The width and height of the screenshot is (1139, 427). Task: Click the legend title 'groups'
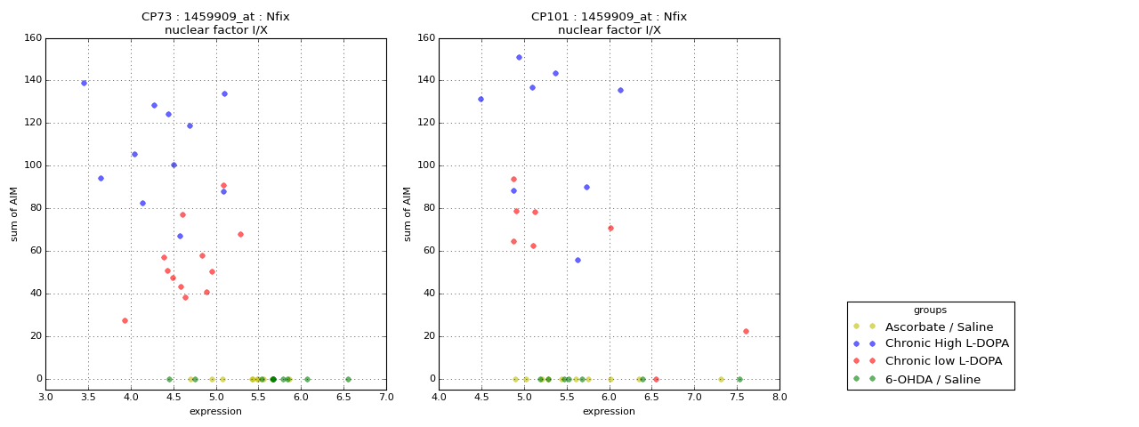(930, 310)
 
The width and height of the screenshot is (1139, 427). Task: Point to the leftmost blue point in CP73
(84, 83)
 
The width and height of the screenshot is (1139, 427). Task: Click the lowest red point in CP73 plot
(125, 320)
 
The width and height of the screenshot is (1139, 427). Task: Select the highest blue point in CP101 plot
(519, 57)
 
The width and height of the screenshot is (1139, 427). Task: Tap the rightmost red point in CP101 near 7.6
(746, 331)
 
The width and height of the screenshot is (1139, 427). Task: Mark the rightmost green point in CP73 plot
(348, 379)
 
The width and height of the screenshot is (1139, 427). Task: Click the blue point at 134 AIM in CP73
(224, 93)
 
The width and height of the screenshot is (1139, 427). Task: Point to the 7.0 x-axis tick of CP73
(386, 397)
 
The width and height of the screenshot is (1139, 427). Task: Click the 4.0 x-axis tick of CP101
(439, 397)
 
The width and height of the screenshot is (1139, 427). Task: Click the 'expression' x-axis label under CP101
(609, 411)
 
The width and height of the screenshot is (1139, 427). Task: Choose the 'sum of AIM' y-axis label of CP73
(14, 213)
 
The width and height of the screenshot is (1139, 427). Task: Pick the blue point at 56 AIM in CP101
(578, 260)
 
